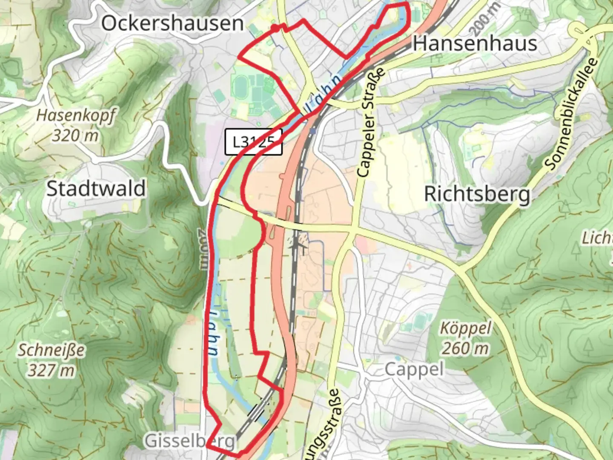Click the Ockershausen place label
coord(172,23)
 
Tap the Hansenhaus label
coord(475,43)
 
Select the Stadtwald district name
coord(96,188)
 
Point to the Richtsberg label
coord(477,194)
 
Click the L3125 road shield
coord(253,142)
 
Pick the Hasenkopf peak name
coord(76,115)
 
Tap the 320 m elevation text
coord(75,135)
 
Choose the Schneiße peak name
coord(51,350)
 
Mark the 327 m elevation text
coord(51,371)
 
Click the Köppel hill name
coord(465,328)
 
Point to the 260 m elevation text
coord(465,348)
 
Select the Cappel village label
coord(414,370)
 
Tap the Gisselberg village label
coord(189,441)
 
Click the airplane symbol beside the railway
coord(299,243)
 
